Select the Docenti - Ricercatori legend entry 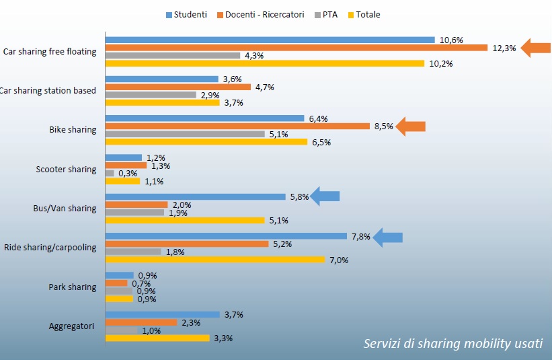coord(263,15)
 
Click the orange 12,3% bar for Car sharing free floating coord(296,48)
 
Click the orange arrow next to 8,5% coord(411,126)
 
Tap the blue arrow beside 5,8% coord(325,196)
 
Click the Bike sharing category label coord(73,130)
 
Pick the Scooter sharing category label coord(66,170)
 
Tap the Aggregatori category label coord(71,326)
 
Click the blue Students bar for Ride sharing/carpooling coord(226,236)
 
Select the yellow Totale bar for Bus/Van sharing coord(185,220)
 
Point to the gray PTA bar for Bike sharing coord(185,134)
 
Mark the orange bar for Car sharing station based coord(178,87)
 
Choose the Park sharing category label coord(73,287)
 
